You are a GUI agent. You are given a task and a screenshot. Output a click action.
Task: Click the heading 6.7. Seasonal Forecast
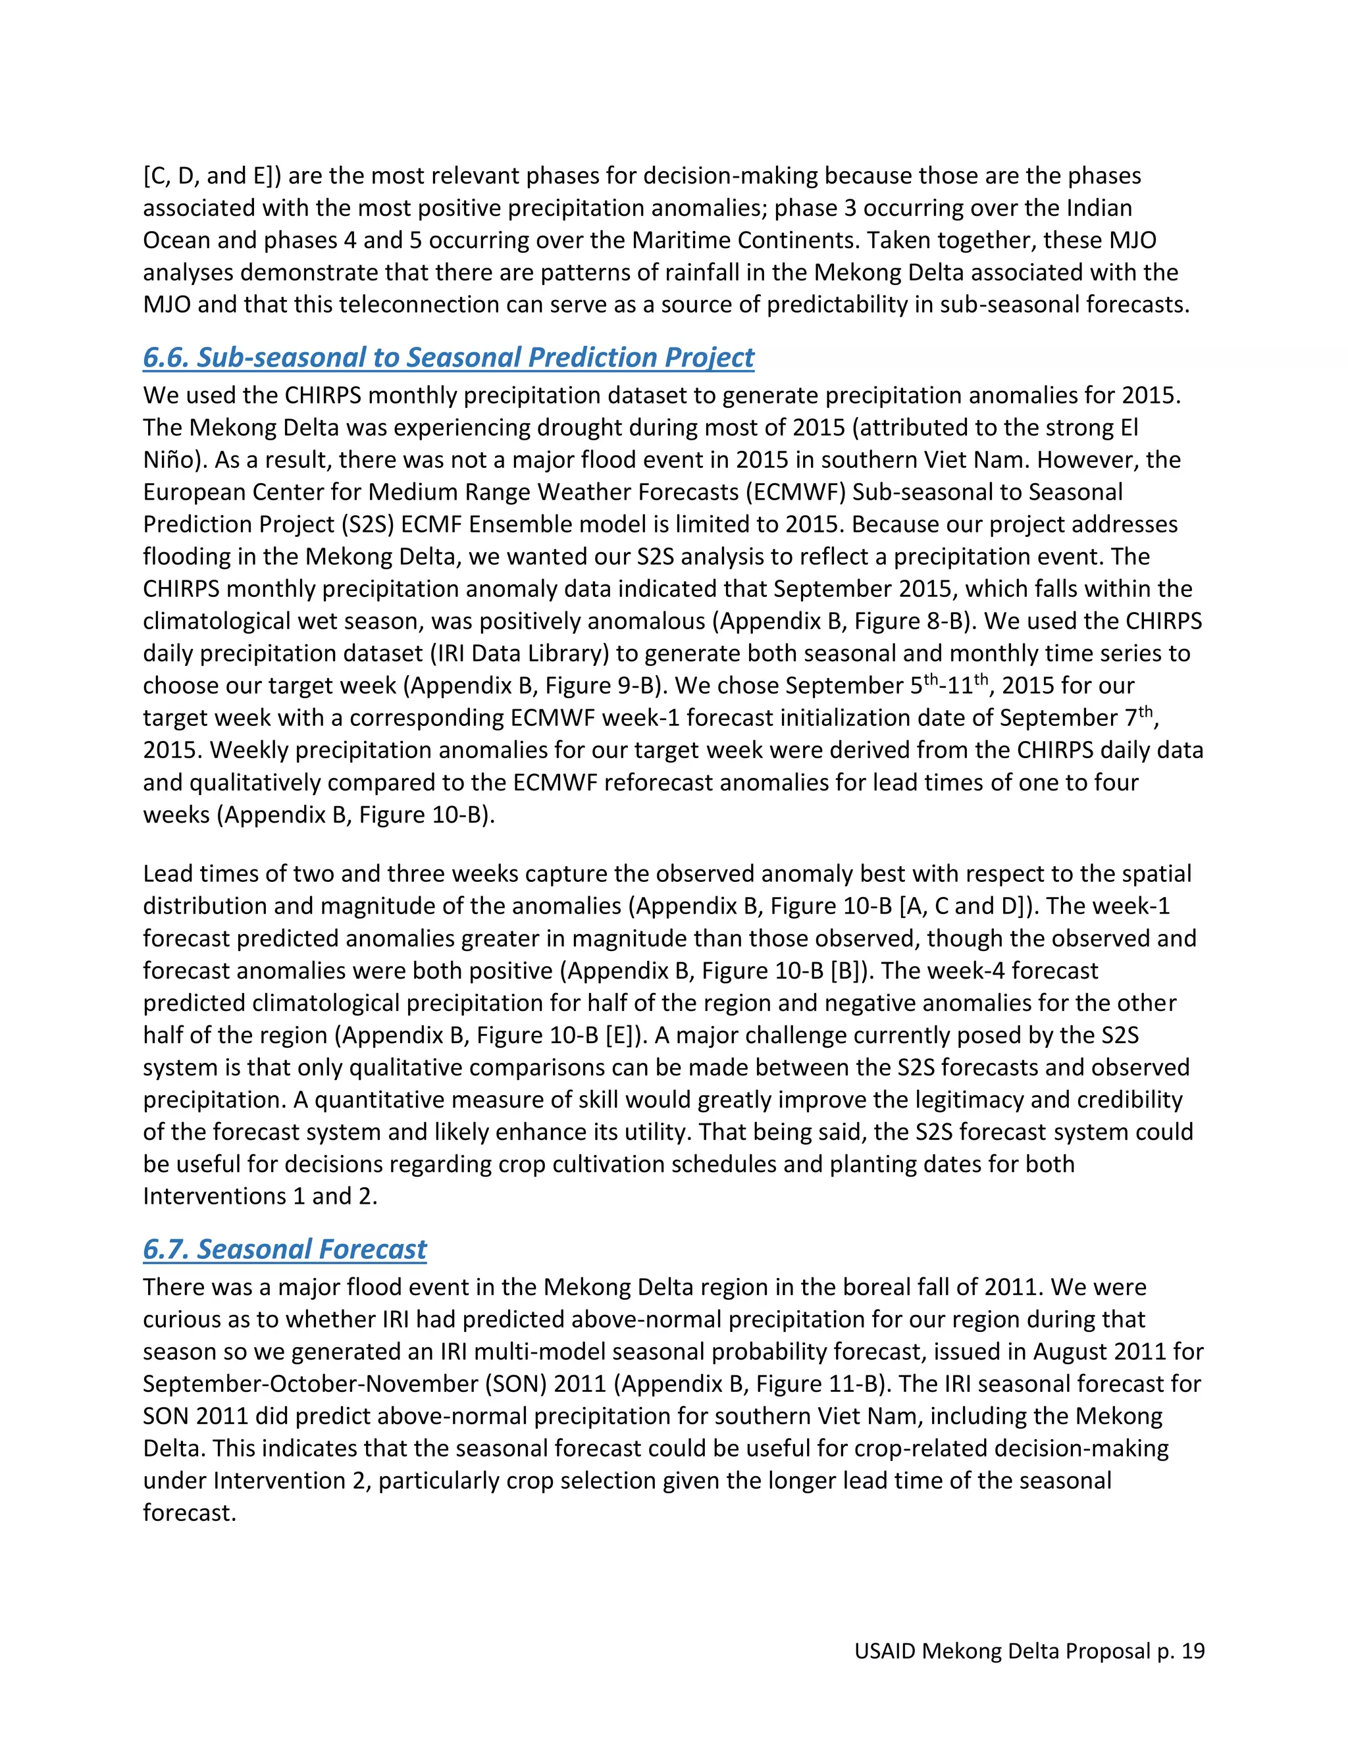[x=284, y=1249]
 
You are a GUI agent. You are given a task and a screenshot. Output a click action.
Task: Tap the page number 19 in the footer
[x=1192, y=1651]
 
